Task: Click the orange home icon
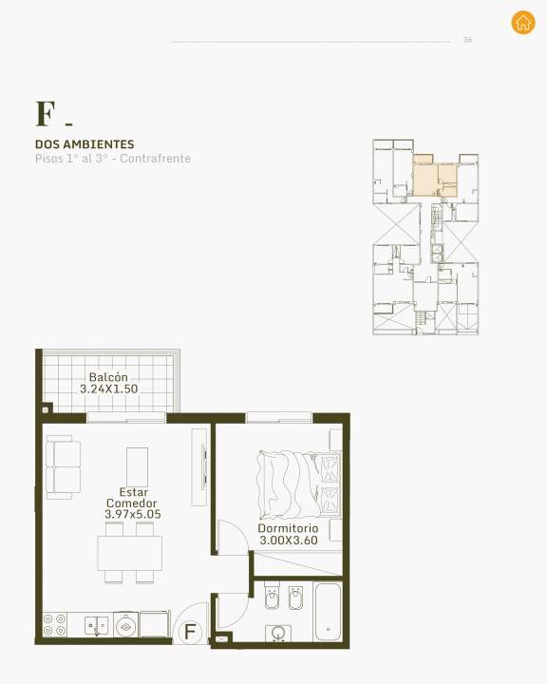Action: coord(523,22)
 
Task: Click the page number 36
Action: coord(467,40)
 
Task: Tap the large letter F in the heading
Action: coord(46,114)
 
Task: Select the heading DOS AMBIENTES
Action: coord(85,144)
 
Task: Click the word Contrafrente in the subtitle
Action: coord(156,159)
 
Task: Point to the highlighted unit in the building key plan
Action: coord(435,176)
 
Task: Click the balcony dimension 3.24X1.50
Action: coord(108,389)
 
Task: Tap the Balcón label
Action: coord(108,377)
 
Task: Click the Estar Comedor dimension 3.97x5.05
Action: coord(133,514)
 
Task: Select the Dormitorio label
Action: coord(288,528)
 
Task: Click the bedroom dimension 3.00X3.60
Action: coord(289,540)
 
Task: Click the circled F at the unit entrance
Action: coord(190,631)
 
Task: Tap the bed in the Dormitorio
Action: coord(299,484)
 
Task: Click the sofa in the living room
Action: coord(64,467)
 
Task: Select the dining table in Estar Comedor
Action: coord(130,553)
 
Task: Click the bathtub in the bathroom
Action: coord(328,612)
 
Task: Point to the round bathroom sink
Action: coord(278,633)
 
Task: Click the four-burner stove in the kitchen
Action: coord(55,624)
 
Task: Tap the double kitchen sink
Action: coord(97,626)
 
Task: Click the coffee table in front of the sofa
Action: coord(137,467)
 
